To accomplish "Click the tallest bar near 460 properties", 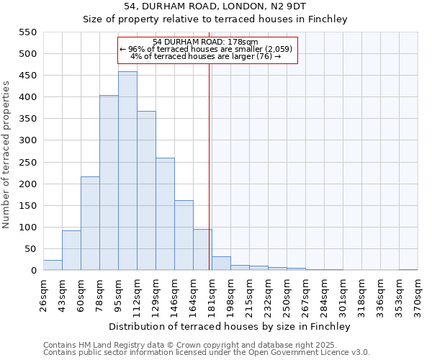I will pos(127,171).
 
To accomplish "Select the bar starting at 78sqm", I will pos(109,183).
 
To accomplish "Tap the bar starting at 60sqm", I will pos(90,223).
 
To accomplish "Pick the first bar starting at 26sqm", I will pos(53,265).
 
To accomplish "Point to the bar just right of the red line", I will pos(221,264).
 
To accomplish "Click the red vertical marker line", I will pos(210,166).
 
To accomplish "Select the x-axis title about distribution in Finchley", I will pos(230,326).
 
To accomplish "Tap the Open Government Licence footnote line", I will pos(206,353).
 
